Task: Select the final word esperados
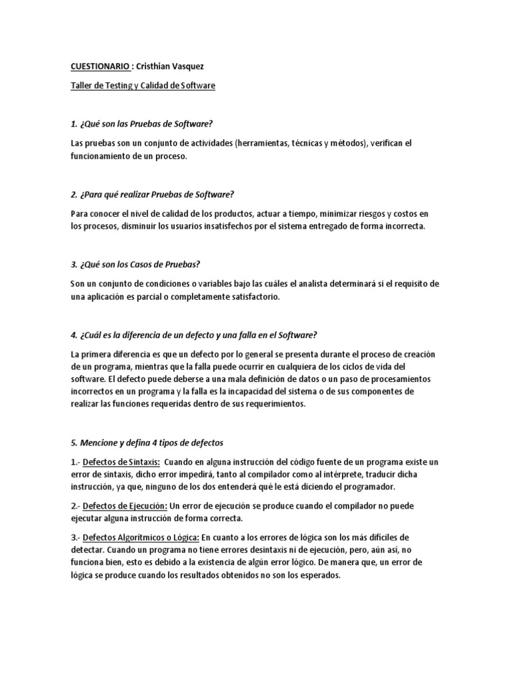tap(316, 576)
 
